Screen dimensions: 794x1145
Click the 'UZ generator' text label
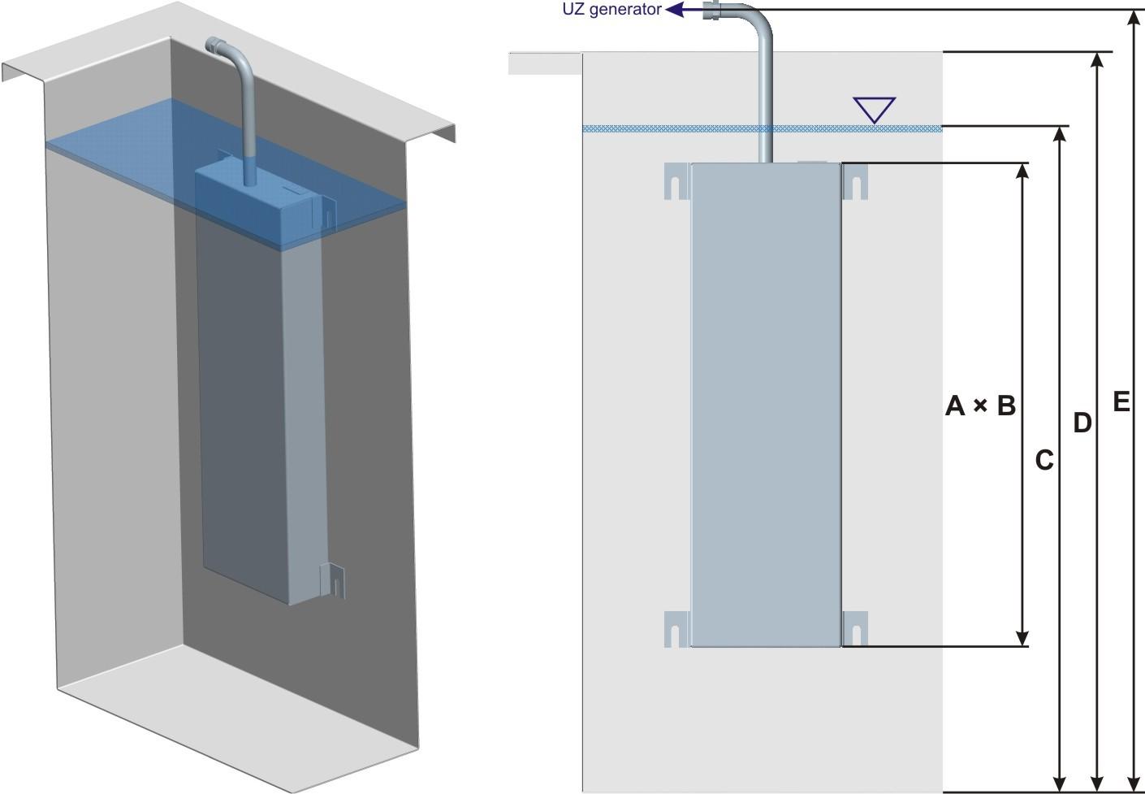(611, 10)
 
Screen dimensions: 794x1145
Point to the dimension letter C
(1044, 460)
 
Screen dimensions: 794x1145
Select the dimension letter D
(1082, 423)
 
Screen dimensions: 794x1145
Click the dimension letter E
(1121, 401)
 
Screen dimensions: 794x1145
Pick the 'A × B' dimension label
(980, 405)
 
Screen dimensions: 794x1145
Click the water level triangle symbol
(874, 109)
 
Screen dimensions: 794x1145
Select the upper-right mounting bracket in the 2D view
(855, 180)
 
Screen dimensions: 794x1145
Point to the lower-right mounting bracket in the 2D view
(855, 628)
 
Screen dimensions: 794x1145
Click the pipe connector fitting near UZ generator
(711, 11)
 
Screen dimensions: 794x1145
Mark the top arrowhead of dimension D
(1099, 60)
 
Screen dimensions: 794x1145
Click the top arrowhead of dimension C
(1060, 135)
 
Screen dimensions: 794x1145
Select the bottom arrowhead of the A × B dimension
(1022, 638)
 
